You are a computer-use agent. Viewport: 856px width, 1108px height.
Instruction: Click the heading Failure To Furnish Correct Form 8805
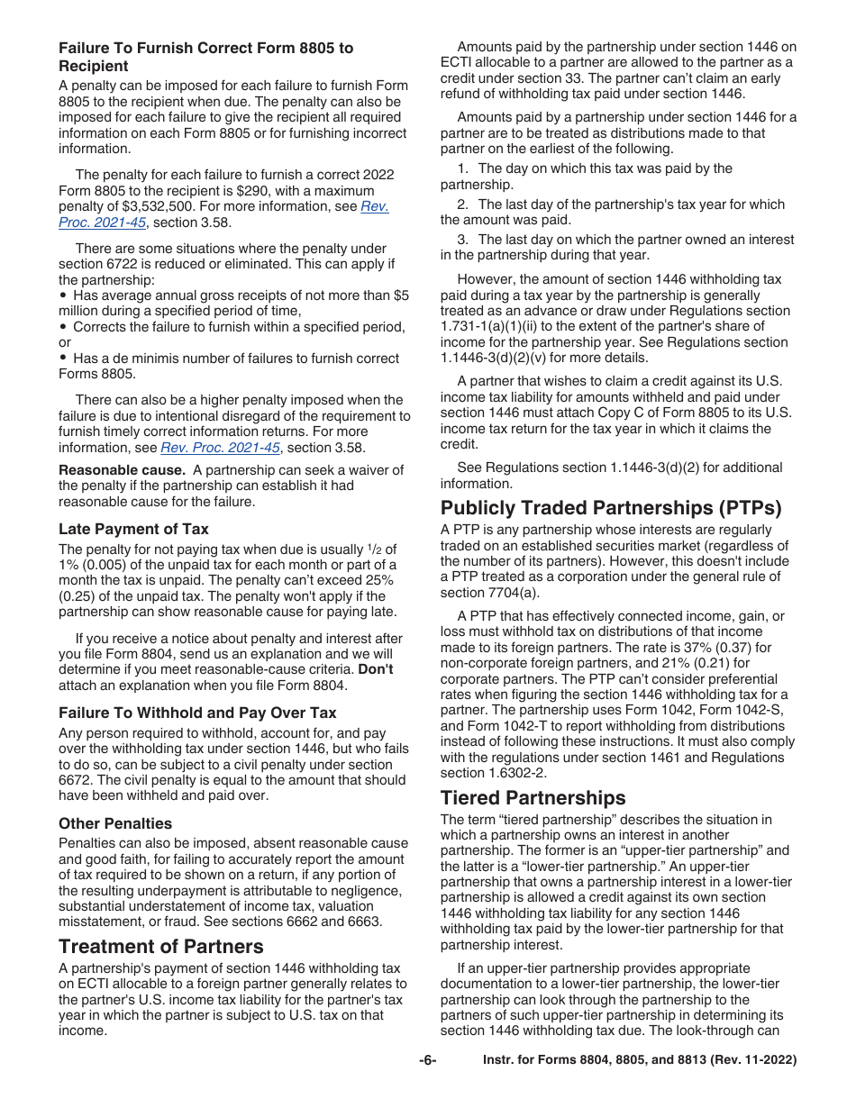click(x=205, y=57)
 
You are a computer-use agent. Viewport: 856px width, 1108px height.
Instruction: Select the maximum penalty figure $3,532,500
click(x=167, y=207)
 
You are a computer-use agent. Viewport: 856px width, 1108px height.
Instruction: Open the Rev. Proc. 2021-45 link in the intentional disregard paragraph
click(x=220, y=448)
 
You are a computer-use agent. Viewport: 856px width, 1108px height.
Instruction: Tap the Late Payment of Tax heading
click(x=133, y=529)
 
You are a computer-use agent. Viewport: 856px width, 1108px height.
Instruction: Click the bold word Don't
click(x=376, y=669)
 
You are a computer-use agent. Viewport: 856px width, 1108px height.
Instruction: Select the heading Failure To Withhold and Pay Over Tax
click(x=197, y=713)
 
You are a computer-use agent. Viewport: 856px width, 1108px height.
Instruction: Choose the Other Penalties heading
click(x=115, y=823)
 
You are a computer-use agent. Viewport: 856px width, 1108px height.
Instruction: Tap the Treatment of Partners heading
click(x=161, y=946)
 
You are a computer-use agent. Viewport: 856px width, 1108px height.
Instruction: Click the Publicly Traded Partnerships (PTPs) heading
click(x=611, y=507)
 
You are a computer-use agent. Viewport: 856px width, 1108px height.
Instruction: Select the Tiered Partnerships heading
click(x=533, y=797)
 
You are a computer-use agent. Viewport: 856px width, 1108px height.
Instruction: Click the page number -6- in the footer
click(x=428, y=1060)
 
